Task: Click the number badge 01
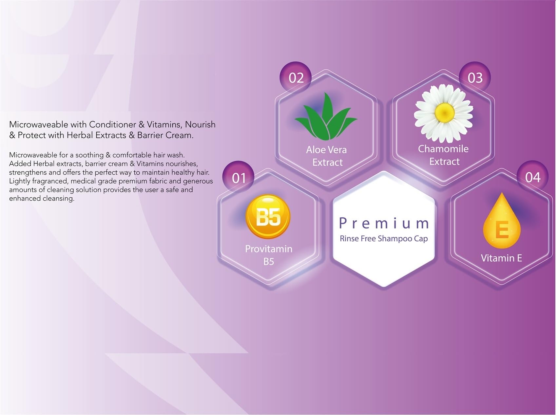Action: pos(239,177)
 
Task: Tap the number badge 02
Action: pos(296,77)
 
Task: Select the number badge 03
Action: pos(475,77)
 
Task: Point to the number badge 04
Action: pos(532,177)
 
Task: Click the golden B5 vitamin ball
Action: pos(268,216)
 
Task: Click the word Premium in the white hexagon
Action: pos(384,223)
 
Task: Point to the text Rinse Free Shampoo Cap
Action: pos(384,239)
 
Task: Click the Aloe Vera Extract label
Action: pos(327,156)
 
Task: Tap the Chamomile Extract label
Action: pos(444,155)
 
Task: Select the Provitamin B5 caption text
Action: pos(269,255)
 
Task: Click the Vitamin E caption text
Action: pos(501,258)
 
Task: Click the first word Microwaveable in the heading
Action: pos(38,124)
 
